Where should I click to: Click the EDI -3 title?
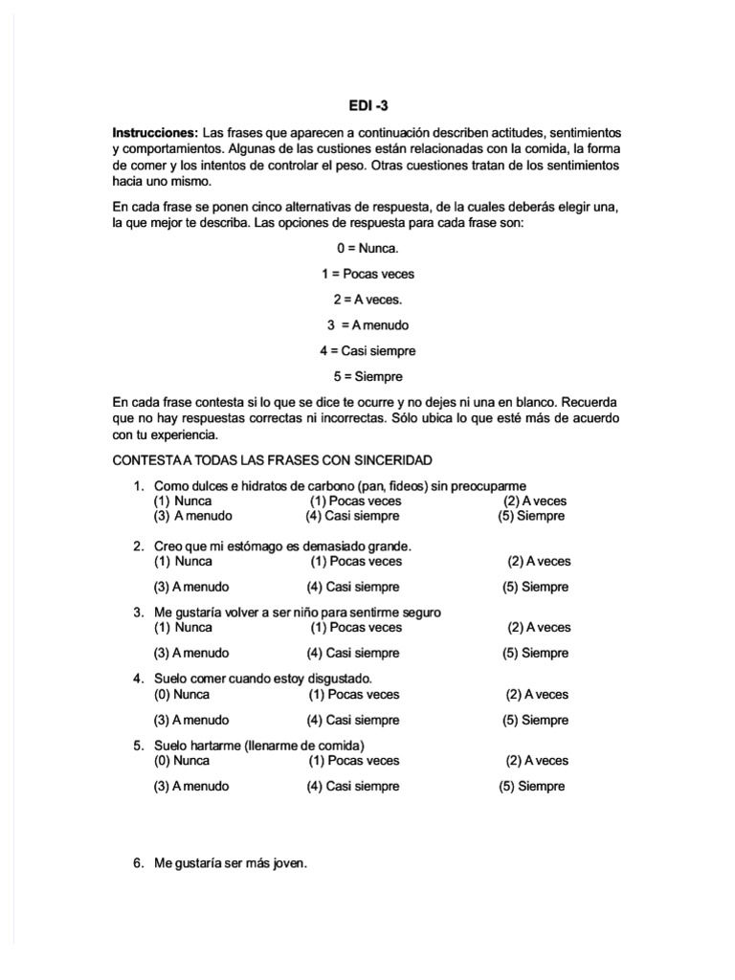coord(367,108)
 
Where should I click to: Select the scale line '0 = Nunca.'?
coord(367,248)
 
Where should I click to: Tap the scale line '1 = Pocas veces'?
coord(367,274)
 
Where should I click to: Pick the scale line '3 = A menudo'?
coord(367,325)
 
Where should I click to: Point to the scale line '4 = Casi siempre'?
coord(367,350)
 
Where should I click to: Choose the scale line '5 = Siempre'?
coord(367,376)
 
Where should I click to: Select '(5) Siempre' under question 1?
coord(531,516)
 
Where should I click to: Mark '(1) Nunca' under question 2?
coord(183,561)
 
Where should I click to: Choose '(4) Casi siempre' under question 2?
coord(352,587)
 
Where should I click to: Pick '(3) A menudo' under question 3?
coord(190,654)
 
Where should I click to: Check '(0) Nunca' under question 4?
coord(183,694)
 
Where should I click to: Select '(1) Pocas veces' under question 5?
coord(354,761)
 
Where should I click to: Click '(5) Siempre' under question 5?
coord(531,787)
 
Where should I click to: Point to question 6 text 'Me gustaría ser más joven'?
coord(231,862)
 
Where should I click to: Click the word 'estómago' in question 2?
coord(249,546)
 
